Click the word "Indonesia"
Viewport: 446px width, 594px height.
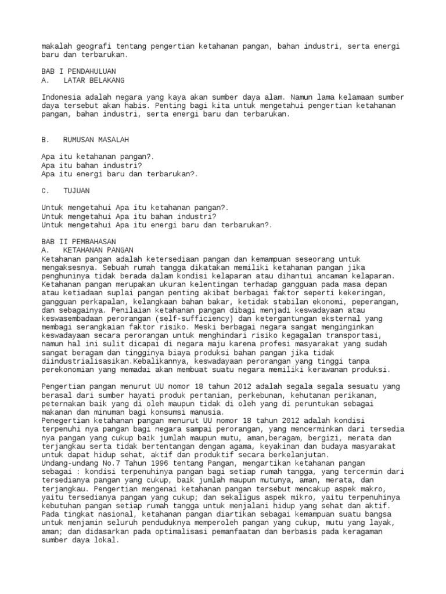[x=61, y=97]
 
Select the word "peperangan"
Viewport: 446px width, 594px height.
[x=372, y=302]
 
